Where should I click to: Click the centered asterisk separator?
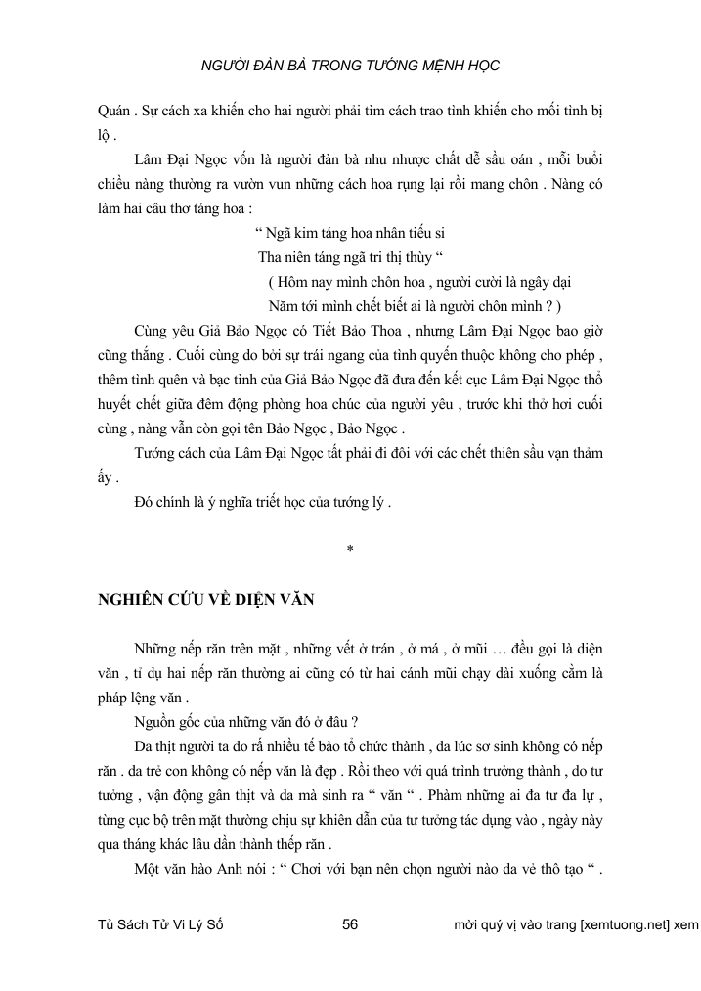[349, 548]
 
